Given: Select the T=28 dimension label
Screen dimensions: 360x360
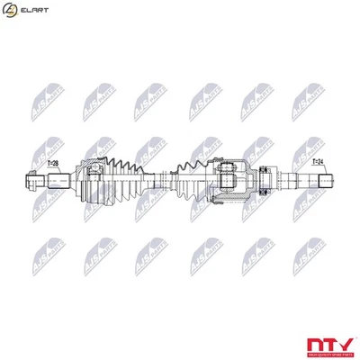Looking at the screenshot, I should [52, 164].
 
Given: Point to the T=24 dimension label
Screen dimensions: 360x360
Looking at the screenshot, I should [318, 163].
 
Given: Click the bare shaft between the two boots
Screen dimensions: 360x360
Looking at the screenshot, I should [160, 179].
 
